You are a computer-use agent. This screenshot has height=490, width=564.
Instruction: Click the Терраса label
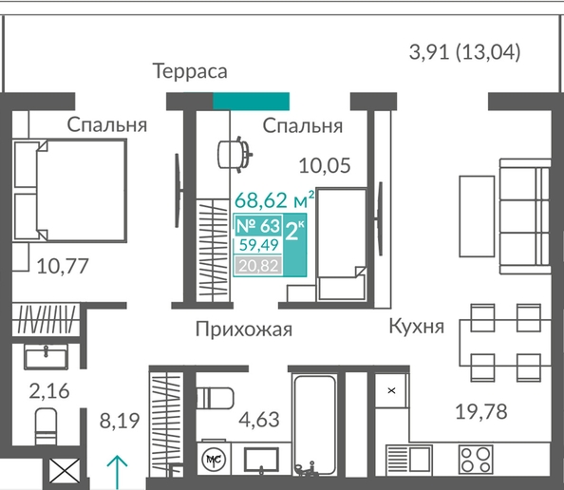pyautogui.click(x=190, y=71)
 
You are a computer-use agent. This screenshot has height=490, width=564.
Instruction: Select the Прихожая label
pyautogui.click(x=244, y=330)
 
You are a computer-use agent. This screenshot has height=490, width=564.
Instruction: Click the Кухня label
pyautogui.click(x=417, y=327)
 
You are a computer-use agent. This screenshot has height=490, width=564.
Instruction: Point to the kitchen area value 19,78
pyautogui.click(x=481, y=411)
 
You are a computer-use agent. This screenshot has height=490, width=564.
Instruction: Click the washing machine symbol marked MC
pyautogui.click(x=214, y=459)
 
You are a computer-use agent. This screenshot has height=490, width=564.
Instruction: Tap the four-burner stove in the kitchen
pyautogui.click(x=476, y=459)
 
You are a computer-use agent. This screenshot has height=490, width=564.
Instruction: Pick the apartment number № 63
pyautogui.click(x=258, y=226)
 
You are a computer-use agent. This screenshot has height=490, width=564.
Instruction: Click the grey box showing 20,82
pyautogui.click(x=258, y=266)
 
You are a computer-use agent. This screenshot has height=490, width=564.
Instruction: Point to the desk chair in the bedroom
pyautogui.click(x=235, y=155)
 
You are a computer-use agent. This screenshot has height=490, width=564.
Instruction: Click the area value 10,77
pyautogui.click(x=63, y=267)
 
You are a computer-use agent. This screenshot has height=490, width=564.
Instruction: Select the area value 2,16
pyautogui.click(x=49, y=391)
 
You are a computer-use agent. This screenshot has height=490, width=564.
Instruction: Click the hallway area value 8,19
pyautogui.click(x=120, y=421)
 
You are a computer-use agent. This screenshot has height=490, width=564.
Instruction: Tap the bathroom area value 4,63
pyautogui.click(x=259, y=420)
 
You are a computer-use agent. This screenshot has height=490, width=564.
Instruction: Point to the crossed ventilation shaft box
pyautogui.click(x=65, y=471)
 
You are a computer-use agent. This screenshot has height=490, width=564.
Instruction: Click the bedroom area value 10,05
pyautogui.click(x=325, y=166)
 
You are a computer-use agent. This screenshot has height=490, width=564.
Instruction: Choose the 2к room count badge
pyautogui.click(x=294, y=231)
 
